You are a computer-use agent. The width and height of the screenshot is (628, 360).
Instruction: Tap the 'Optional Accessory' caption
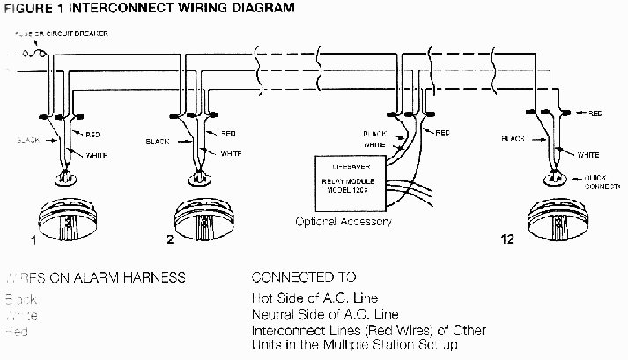tap(344, 222)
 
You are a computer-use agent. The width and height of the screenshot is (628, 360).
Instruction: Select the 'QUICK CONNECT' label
tap(602, 182)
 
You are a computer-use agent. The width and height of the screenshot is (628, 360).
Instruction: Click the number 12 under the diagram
tap(507, 239)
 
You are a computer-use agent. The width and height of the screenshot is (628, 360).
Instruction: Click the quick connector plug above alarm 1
tap(64, 181)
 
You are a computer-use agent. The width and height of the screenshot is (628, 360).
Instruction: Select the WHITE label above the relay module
tap(375, 144)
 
